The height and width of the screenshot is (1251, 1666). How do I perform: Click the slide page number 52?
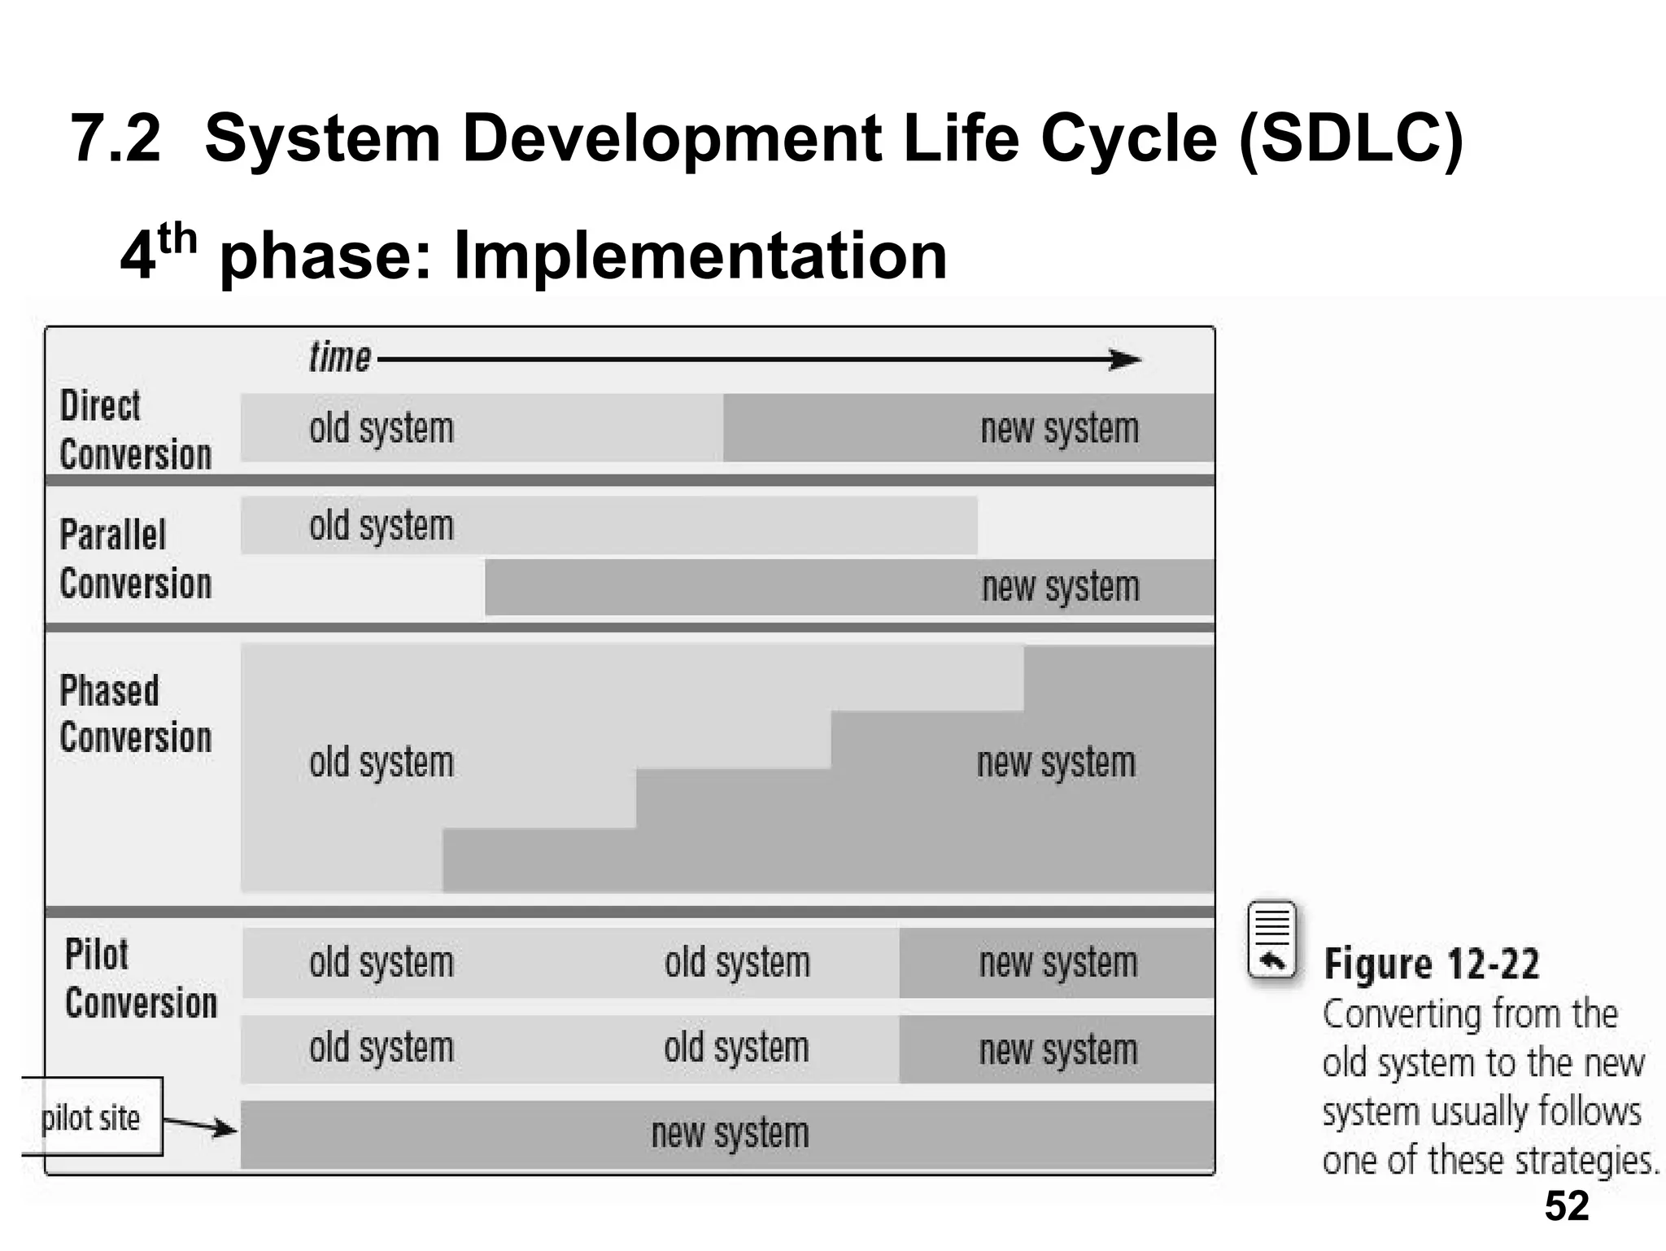coord(1566,1206)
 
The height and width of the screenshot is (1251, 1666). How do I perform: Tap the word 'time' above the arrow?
coord(340,357)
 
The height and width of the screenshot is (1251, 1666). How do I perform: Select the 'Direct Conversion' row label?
coord(135,430)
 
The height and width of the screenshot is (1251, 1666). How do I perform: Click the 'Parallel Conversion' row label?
coord(135,559)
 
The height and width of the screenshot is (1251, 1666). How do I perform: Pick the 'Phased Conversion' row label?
coord(135,714)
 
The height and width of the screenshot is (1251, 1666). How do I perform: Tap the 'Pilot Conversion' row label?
coord(141,978)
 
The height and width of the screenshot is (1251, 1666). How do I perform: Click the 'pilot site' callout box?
coord(91,1118)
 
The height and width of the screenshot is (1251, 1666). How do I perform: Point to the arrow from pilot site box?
coord(200,1126)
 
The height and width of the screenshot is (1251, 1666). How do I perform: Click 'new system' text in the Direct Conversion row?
coord(1059,429)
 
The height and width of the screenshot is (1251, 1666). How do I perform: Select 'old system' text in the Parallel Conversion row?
coord(381,526)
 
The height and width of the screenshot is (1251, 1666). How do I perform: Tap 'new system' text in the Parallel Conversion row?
coord(1060,587)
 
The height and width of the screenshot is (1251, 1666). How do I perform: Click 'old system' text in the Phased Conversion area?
coord(381,763)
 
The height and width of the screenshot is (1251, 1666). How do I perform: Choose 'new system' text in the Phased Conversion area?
coord(1056,763)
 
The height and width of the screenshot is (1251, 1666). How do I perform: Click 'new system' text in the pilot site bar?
coord(730,1133)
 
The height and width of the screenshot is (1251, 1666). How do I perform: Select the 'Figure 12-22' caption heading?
coord(1432,964)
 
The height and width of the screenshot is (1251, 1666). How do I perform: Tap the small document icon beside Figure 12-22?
coord(1271,940)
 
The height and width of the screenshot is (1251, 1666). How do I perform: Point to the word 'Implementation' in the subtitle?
coord(700,255)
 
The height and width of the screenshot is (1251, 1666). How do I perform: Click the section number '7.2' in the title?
coord(116,138)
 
